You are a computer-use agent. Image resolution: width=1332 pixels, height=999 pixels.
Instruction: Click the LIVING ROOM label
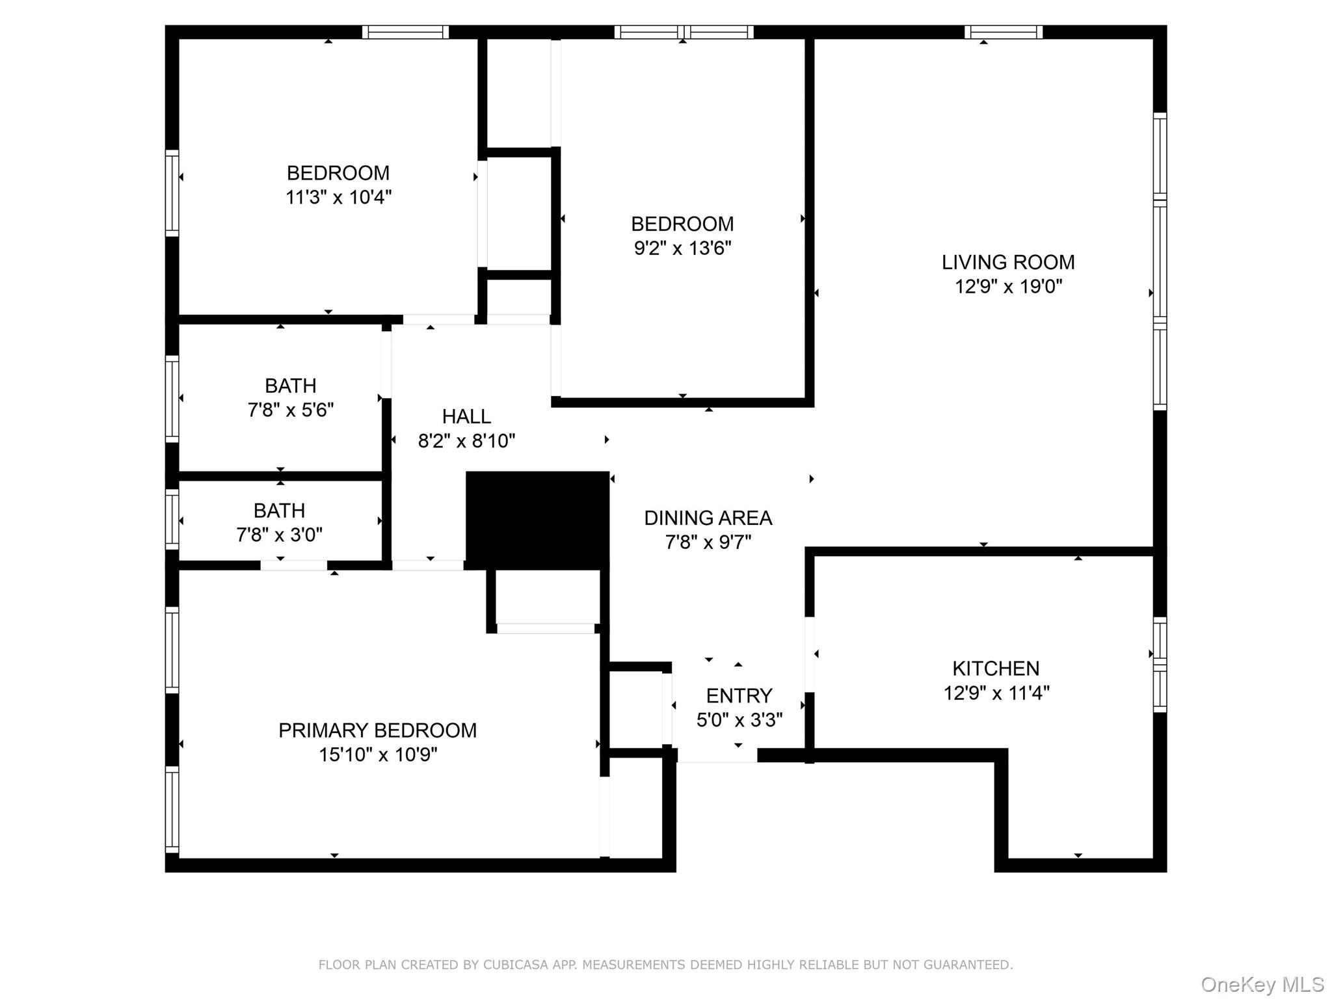click(1007, 262)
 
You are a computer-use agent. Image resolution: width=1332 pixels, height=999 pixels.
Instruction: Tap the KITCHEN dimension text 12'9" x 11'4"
click(996, 693)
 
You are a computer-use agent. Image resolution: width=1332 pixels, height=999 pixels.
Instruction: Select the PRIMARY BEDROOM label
click(377, 730)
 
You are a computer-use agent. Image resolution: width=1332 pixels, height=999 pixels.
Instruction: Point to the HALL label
click(466, 416)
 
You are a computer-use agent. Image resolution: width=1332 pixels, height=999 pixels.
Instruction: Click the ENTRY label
click(739, 696)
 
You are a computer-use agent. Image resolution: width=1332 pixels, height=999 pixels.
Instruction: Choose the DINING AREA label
click(708, 518)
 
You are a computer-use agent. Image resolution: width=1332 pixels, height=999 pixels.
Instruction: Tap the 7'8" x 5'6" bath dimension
click(290, 410)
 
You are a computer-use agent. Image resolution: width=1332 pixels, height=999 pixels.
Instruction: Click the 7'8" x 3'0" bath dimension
click(279, 535)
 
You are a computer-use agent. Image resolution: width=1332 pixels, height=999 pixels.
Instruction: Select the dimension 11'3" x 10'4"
click(338, 197)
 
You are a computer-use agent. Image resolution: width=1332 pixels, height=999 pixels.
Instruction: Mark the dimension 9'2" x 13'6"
click(682, 248)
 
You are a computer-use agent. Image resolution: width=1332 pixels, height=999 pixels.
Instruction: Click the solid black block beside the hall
click(537, 519)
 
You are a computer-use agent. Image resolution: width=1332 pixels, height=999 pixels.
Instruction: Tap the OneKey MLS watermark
click(1262, 985)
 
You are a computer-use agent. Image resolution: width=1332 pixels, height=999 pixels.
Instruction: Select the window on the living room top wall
click(1003, 32)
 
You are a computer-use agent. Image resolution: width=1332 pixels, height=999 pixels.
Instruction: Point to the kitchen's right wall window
click(1160, 664)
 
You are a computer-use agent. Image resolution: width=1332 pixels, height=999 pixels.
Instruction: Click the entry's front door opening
click(717, 756)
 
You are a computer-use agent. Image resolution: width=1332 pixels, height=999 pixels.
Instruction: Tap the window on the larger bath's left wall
click(172, 398)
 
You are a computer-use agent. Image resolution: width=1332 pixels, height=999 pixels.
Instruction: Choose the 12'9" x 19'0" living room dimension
click(1007, 287)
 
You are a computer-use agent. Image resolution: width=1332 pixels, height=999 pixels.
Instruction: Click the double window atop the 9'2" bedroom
click(684, 32)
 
